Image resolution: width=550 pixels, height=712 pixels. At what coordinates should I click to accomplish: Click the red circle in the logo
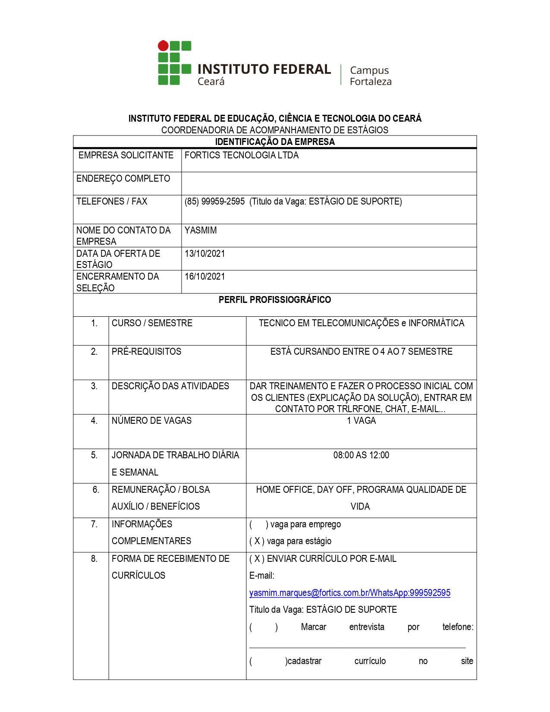(x=163, y=46)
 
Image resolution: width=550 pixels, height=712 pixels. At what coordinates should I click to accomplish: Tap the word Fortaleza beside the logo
(x=371, y=82)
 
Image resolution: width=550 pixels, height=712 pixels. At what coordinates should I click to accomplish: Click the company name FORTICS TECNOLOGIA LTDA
(x=242, y=155)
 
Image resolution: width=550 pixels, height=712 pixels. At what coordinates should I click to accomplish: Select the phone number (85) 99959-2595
(x=214, y=202)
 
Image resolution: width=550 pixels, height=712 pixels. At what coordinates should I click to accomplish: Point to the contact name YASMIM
(x=201, y=230)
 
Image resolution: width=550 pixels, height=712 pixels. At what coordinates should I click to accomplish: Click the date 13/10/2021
(x=205, y=254)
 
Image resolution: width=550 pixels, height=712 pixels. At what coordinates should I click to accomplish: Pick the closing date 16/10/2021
(x=205, y=277)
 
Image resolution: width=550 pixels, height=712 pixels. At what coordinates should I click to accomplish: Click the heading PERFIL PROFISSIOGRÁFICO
(x=275, y=300)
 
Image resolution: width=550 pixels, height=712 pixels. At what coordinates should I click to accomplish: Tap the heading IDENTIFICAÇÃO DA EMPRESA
(x=275, y=142)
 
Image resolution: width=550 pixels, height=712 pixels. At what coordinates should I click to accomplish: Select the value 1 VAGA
(x=361, y=421)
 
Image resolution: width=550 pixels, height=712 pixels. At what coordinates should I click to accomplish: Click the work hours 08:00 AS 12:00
(x=361, y=455)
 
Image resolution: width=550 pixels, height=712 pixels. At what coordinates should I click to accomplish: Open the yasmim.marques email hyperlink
(x=349, y=593)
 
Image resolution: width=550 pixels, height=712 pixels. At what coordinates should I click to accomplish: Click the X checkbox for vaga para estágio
(x=257, y=541)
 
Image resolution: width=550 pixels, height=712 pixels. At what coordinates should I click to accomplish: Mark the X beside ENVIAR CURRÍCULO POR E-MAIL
(x=257, y=559)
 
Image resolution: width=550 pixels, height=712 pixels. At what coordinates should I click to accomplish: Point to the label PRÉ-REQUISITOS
(x=147, y=352)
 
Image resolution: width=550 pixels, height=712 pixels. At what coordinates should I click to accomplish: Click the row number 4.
(x=94, y=421)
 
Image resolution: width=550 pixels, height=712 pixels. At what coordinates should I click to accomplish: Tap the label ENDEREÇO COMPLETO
(x=123, y=179)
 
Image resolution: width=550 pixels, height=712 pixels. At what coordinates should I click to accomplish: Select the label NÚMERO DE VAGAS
(x=152, y=421)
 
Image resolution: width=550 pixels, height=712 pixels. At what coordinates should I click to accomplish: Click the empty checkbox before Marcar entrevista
(x=264, y=627)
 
